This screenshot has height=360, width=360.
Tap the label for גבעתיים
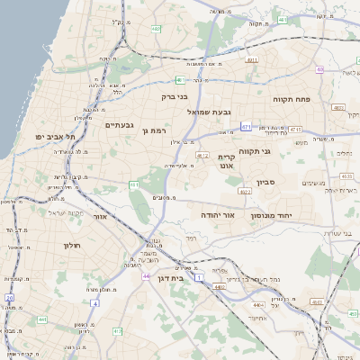click(x=120, y=124)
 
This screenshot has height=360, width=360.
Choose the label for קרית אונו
click(x=226, y=161)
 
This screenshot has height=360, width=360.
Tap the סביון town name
click(x=265, y=182)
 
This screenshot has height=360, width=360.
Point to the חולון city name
click(x=73, y=246)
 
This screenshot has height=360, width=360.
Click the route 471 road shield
click(x=247, y=128)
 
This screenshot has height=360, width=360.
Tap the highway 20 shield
click(x=10, y=296)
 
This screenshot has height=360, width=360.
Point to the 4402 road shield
click(x=219, y=287)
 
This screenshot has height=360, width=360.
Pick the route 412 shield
click(x=203, y=156)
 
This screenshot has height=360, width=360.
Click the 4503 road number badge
click(x=339, y=107)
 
